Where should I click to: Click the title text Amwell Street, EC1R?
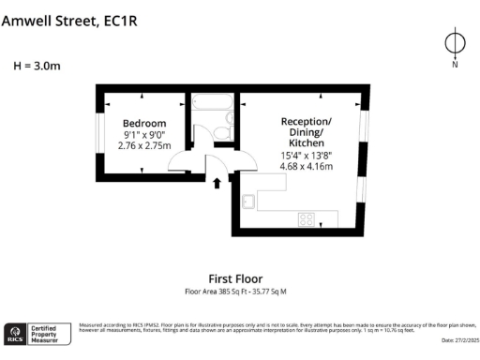(x=69, y=22)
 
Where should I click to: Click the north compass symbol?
(x=455, y=44)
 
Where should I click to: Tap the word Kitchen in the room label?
(x=306, y=144)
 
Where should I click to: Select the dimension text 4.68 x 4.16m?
(x=306, y=167)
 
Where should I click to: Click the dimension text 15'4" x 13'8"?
(x=306, y=156)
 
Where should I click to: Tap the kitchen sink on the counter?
(x=249, y=200)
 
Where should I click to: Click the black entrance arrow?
(x=217, y=183)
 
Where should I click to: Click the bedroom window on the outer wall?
(x=99, y=131)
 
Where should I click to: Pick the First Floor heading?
(x=235, y=278)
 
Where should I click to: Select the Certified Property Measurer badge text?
(x=46, y=332)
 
